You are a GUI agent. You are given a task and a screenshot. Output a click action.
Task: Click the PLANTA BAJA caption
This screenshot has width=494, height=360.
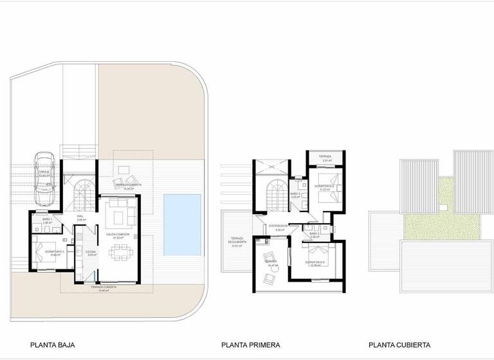(x=53, y=345)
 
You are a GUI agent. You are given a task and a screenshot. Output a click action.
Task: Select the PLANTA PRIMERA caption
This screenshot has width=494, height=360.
(x=251, y=345)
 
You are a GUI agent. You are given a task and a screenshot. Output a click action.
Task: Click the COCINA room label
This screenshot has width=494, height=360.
(x=91, y=252)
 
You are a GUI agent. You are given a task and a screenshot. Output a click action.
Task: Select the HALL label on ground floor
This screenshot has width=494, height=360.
(x=80, y=217)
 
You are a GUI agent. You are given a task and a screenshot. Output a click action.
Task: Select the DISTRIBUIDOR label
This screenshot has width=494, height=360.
(x=279, y=226)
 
